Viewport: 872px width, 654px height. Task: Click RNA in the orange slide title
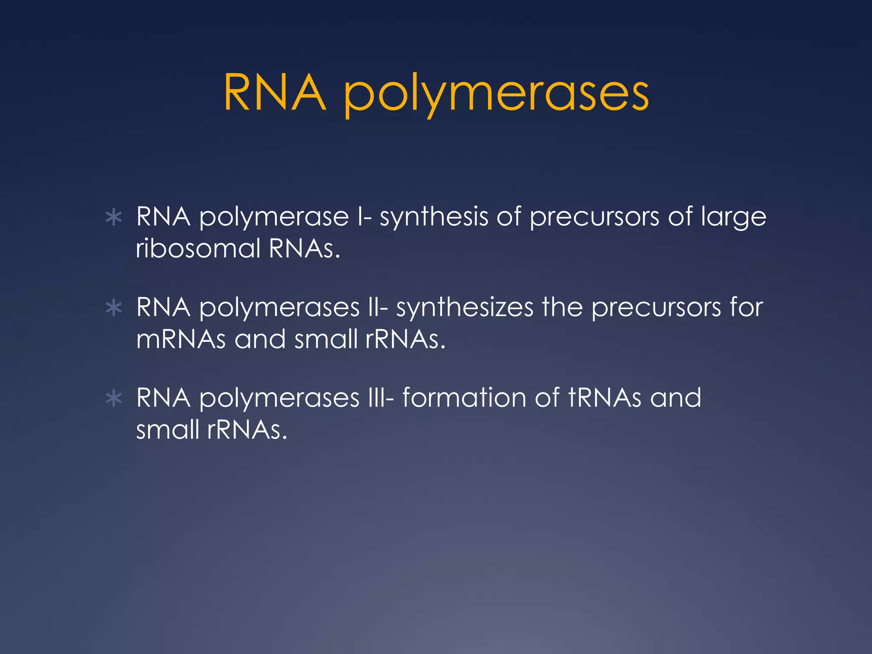click(275, 93)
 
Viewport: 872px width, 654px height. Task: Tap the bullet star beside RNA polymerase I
click(114, 218)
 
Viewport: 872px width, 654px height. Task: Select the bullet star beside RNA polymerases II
click(114, 308)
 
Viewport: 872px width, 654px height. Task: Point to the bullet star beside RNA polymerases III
click(114, 399)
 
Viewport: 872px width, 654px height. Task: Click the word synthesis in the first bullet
click(433, 217)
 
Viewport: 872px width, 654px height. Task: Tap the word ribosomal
click(198, 248)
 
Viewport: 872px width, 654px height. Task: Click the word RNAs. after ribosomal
click(304, 248)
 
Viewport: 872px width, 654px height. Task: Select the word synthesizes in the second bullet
click(465, 308)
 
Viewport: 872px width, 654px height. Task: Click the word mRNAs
click(181, 339)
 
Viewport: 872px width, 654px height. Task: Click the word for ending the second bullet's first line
click(746, 307)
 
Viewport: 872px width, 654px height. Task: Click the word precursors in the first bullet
click(594, 218)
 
